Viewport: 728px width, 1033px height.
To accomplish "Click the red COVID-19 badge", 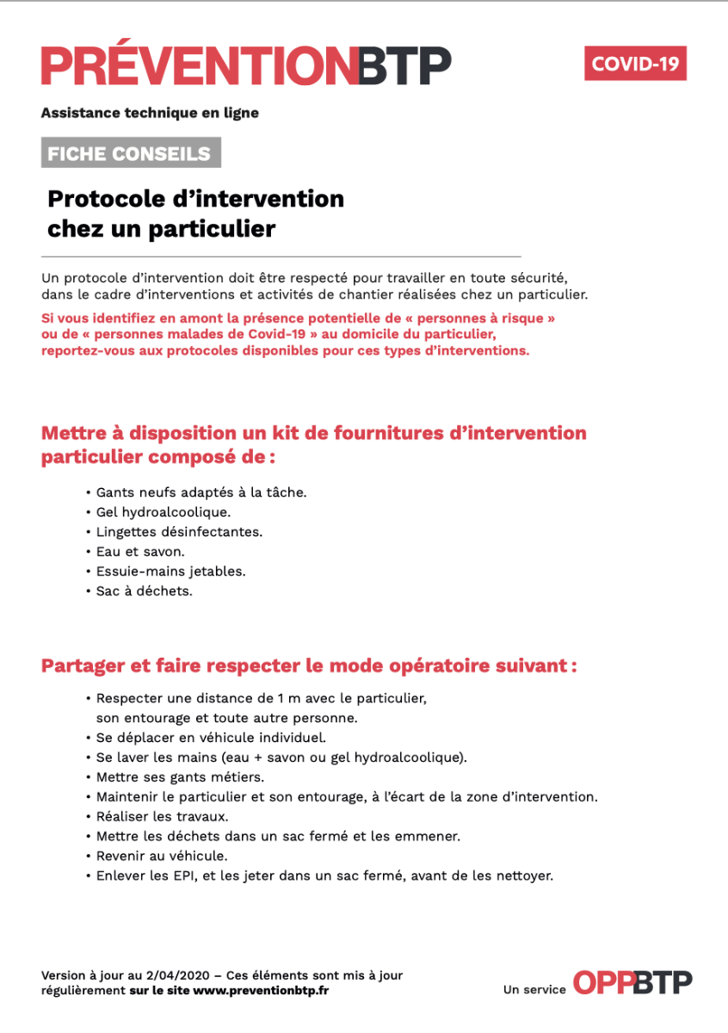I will click(x=635, y=64).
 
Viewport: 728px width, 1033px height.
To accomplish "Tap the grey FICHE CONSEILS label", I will click(x=130, y=154).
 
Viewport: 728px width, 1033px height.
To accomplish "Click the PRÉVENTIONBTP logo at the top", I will click(x=245, y=65).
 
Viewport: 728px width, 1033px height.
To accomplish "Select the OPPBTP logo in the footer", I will click(x=632, y=982).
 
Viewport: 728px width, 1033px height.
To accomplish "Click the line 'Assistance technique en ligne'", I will click(x=150, y=113).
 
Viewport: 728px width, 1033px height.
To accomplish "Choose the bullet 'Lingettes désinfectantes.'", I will click(x=179, y=532).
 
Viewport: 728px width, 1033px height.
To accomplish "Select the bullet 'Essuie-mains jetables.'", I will click(x=170, y=572).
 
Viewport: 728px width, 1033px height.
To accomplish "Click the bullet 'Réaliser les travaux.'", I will click(x=162, y=817).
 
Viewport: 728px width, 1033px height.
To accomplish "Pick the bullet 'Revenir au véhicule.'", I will click(x=162, y=857).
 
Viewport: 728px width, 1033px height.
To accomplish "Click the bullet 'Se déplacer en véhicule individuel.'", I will click(x=211, y=738).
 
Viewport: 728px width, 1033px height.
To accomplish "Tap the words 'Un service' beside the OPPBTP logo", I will click(x=534, y=990).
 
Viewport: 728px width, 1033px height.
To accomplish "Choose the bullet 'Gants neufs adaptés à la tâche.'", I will click(x=201, y=492).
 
